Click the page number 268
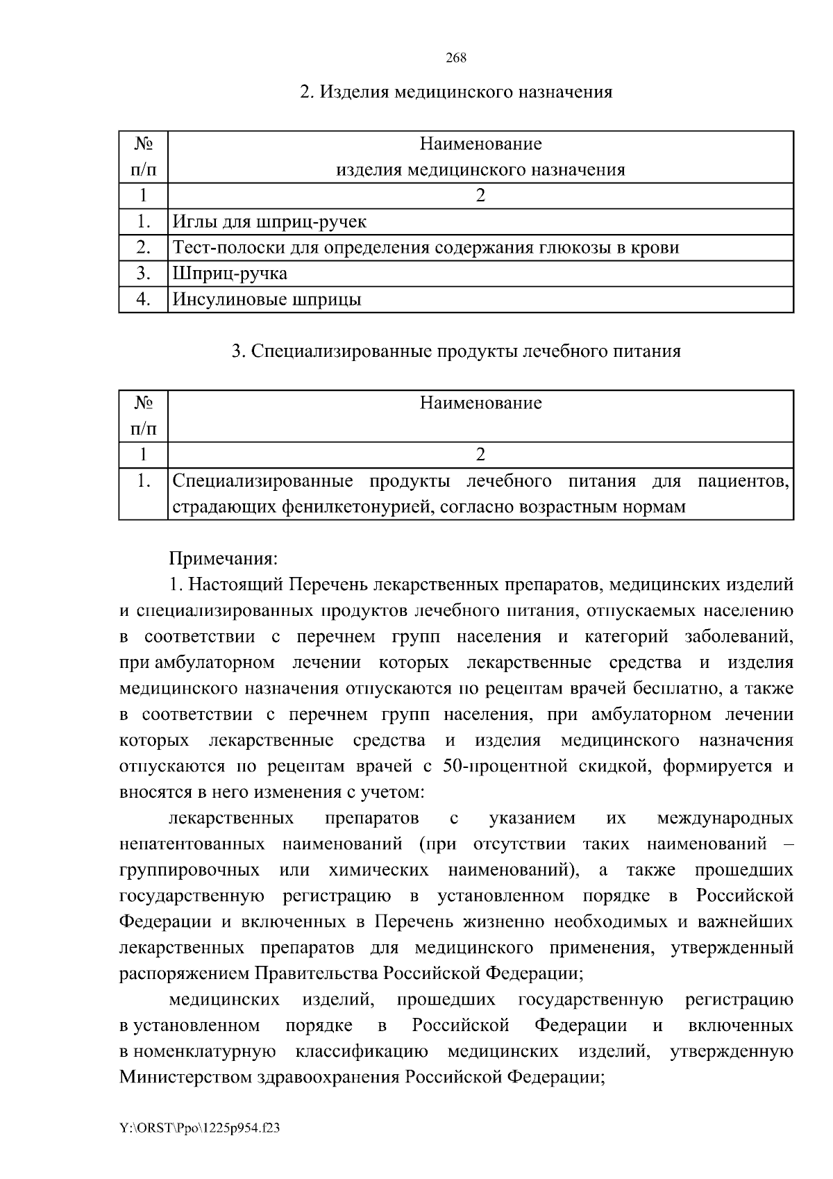click(x=455, y=58)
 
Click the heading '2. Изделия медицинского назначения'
click(x=455, y=92)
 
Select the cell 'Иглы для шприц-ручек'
click(x=269, y=222)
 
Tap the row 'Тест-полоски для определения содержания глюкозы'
click(x=425, y=248)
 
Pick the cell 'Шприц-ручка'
click(x=230, y=274)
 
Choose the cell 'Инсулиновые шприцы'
click(x=267, y=300)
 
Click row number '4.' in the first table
click(x=144, y=300)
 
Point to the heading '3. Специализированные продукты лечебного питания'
click(x=455, y=351)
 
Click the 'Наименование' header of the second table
click(x=480, y=403)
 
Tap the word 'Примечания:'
click(x=224, y=559)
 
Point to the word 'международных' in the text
click(x=725, y=819)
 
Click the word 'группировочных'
click(x=190, y=871)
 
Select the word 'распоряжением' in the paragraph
click(x=185, y=974)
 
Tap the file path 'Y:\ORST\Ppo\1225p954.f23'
click(x=200, y=1129)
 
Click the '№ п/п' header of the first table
click(x=144, y=157)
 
